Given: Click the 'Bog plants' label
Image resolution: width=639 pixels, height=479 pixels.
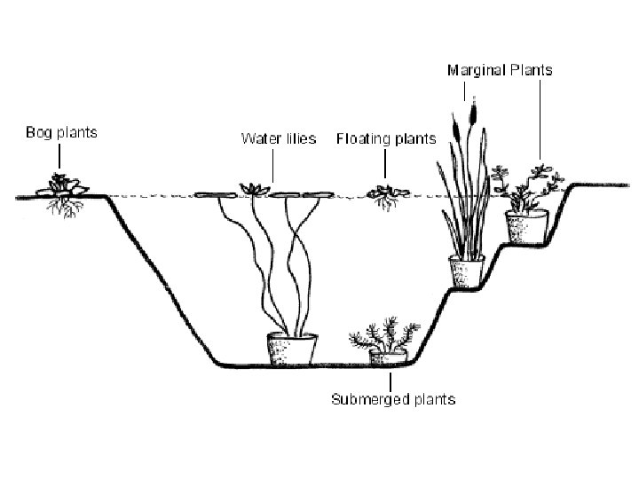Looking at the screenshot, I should (x=60, y=133).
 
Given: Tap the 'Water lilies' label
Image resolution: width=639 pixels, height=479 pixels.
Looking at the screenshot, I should (x=279, y=139).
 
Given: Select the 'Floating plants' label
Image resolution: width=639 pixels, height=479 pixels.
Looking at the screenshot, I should (x=386, y=139).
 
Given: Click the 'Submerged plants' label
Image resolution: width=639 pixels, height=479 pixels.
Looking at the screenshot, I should (x=393, y=399).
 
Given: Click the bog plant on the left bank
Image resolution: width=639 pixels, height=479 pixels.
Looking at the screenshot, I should (x=60, y=185).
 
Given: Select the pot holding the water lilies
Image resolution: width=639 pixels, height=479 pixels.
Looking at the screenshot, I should (x=292, y=349).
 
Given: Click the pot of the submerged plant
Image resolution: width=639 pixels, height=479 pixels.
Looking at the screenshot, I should (x=387, y=357).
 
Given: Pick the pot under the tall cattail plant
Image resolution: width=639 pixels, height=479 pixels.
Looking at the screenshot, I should (x=467, y=271).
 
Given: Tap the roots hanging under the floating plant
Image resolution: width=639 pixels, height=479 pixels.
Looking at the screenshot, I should (x=386, y=204).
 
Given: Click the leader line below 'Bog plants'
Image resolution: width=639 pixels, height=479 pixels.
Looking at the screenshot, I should (x=60, y=158).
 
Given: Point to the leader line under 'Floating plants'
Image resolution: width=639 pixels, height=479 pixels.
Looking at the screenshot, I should (x=386, y=163).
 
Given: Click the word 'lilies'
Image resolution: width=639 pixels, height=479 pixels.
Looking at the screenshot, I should (x=298, y=139).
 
